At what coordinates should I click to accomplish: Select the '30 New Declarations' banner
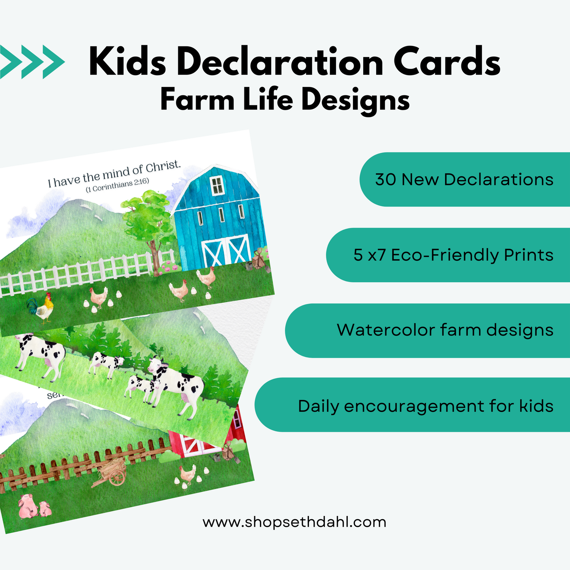[465, 179]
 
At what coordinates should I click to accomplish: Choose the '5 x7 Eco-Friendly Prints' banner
[448, 255]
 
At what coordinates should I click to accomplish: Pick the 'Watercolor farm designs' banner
[427, 330]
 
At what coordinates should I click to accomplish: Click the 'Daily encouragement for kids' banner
[412, 405]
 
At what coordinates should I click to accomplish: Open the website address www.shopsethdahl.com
[294, 522]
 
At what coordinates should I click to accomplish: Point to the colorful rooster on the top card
[41, 308]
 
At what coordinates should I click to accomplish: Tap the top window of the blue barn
[217, 185]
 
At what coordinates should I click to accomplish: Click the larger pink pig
[28, 506]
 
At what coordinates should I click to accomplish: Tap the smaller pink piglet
[45, 509]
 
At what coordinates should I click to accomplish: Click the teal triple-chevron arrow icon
[32, 62]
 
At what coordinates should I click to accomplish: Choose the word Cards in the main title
[447, 62]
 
